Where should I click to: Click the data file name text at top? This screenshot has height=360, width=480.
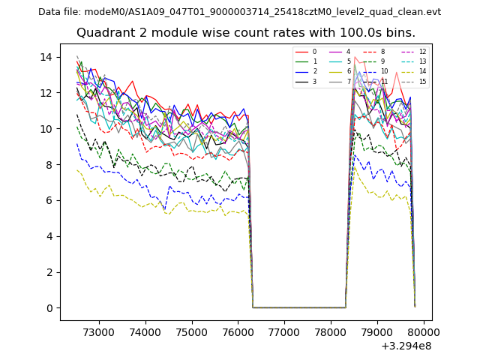click(239, 12)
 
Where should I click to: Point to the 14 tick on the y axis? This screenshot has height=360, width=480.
click(46, 57)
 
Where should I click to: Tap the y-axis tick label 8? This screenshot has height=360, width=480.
click(49, 164)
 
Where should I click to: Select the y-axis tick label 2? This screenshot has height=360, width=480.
click(49, 272)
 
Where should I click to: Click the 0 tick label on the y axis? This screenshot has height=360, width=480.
click(49, 308)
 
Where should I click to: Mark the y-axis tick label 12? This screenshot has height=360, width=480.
click(46, 93)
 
